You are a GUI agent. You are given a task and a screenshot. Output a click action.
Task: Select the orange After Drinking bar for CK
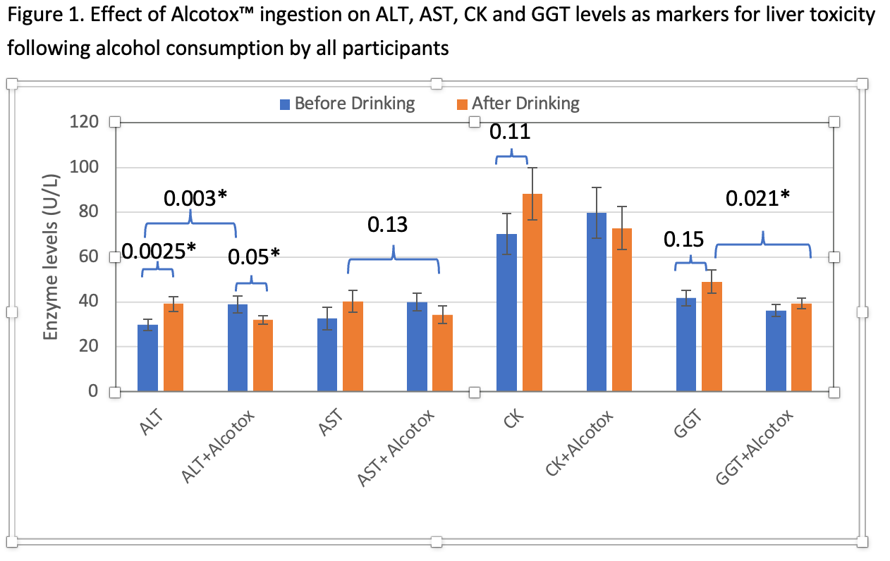(x=532, y=292)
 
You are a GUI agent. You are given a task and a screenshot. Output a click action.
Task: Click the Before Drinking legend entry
(x=347, y=104)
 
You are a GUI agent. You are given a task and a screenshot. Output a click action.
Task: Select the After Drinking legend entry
(x=518, y=104)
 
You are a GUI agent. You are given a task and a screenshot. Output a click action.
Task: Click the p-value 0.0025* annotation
(x=159, y=250)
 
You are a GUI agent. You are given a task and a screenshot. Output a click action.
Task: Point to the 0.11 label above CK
(x=511, y=132)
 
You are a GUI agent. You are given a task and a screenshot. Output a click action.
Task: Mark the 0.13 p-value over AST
(x=387, y=226)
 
